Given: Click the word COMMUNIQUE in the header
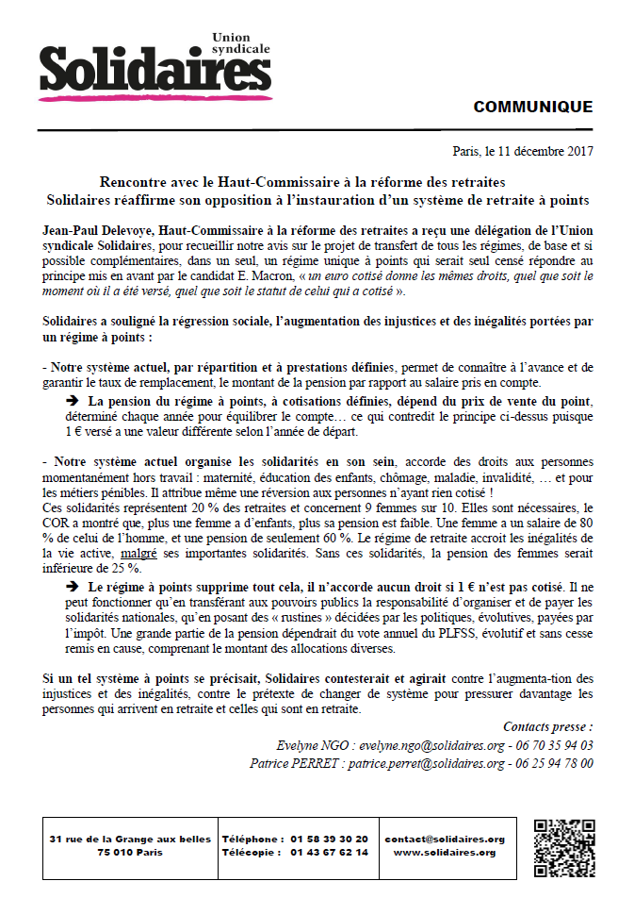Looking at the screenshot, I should [533, 107].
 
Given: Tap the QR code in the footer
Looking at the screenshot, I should [563, 847].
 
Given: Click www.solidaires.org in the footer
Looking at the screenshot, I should [446, 852].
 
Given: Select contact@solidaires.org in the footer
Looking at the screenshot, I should [446, 839].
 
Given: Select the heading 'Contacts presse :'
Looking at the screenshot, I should [547, 726].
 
